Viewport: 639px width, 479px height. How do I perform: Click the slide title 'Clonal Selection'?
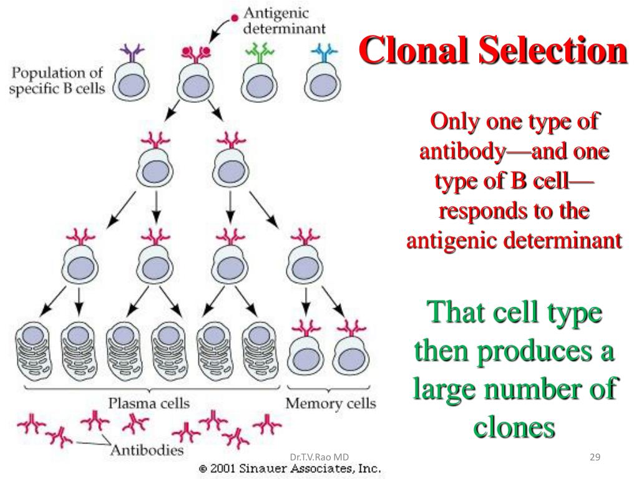pos(493,51)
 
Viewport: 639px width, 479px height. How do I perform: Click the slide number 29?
pos(595,458)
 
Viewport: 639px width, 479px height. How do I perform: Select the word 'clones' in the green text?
pos(514,427)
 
